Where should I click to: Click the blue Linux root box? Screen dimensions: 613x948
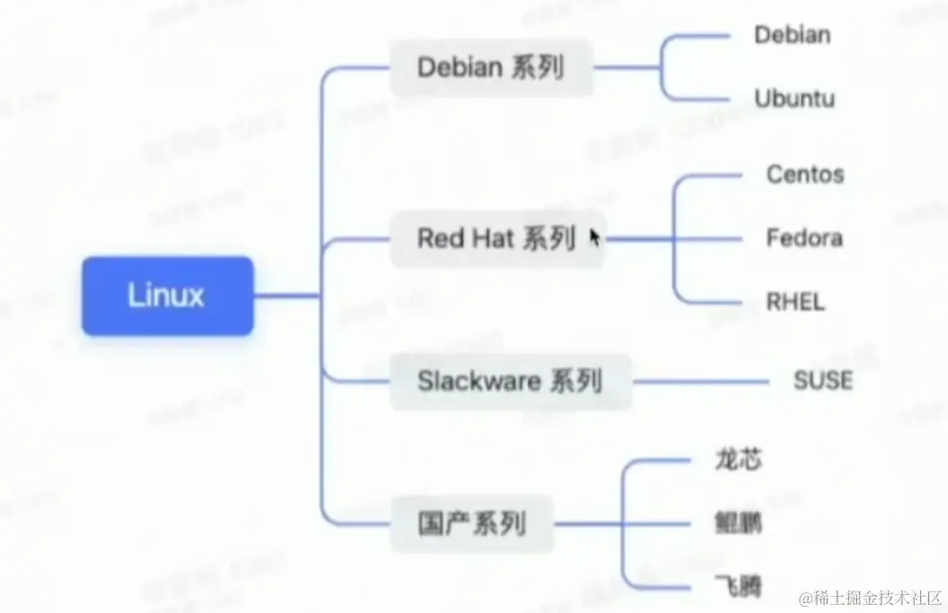[x=167, y=296]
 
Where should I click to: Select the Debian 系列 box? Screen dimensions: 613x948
[x=491, y=67]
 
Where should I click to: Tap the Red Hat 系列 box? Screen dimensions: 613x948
[x=496, y=238]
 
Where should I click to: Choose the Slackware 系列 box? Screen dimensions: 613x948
[x=509, y=381]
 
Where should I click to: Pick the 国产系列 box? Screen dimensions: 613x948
[x=471, y=522]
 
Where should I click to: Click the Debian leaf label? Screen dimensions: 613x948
[x=792, y=35]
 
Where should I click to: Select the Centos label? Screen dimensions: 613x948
[x=805, y=173]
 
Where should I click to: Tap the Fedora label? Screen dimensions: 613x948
[x=804, y=238]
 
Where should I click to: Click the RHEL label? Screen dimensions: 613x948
[x=794, y=302]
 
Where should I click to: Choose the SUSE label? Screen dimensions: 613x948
[x=822, y=380]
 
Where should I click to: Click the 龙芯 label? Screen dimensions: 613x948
[x=738, y=459]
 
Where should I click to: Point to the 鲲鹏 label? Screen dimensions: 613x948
[x=738, y=523]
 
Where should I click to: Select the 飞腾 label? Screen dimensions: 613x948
[x=738, y=587]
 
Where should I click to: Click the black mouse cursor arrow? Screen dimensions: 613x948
[x=595, y=236]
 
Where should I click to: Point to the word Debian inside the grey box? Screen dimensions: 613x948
[x=460, y=67]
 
